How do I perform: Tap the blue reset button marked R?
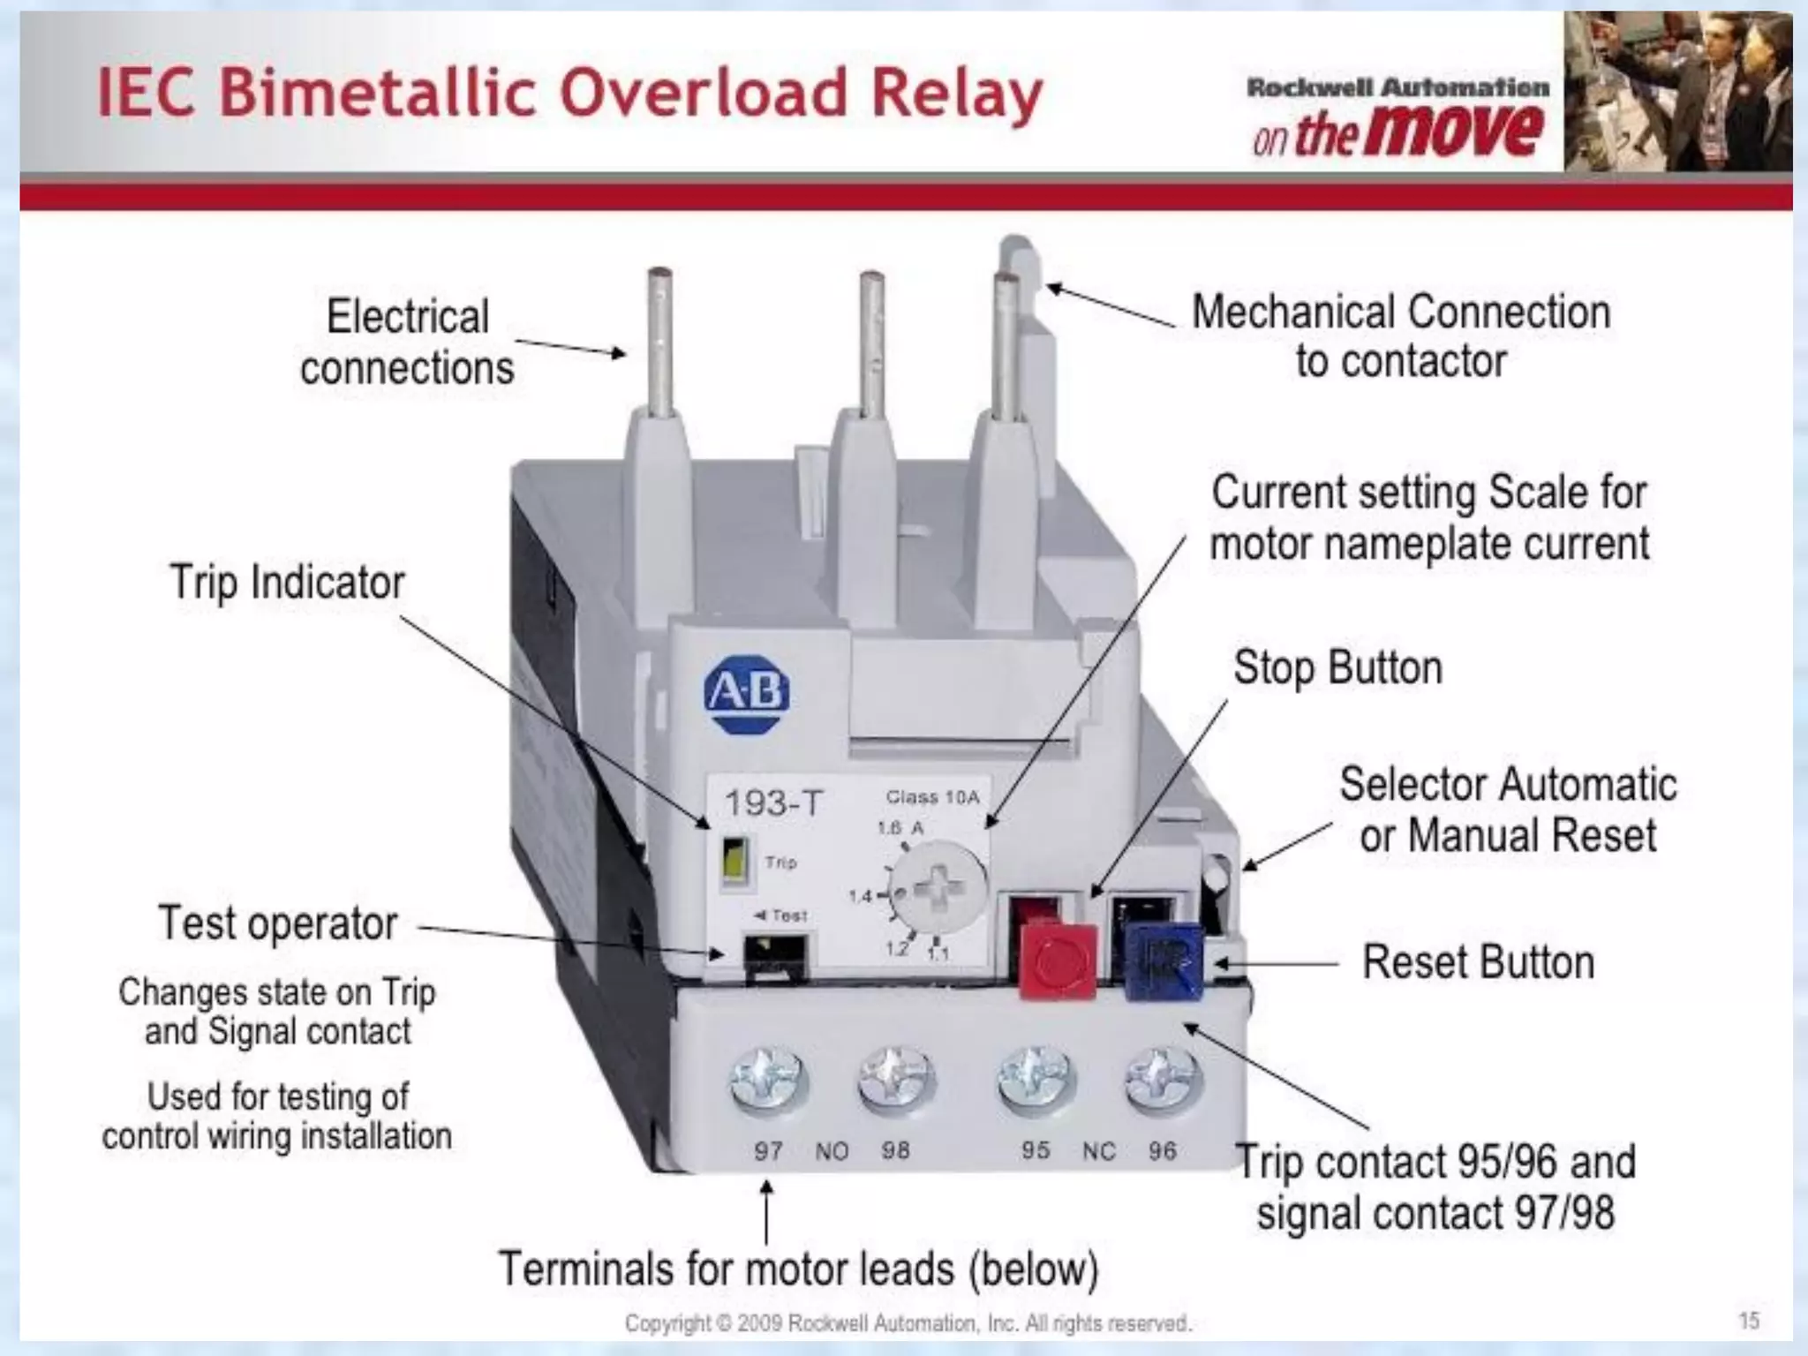tap(1164, 960)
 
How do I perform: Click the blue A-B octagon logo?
tap(746, 693)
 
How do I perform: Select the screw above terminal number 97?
tap(768, 1082)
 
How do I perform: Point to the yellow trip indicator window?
tap(734, 860)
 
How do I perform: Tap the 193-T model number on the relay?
tap(773, 803)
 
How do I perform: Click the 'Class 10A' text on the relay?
tap(932, 797)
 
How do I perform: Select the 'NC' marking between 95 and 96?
tap(1099, 1151)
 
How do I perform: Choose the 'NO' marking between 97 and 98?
tap(832, 1151)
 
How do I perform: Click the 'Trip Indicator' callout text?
tap(287, 583)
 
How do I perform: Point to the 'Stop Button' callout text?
tap(1337, 667)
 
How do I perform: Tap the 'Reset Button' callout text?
tap(1478, 962)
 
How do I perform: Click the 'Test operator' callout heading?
tap(278, 923)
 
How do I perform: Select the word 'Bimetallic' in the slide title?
tap(378, 94)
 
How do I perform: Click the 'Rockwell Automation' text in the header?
tap(1397, 87)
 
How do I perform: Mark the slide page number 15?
tap(1749, 1321)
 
